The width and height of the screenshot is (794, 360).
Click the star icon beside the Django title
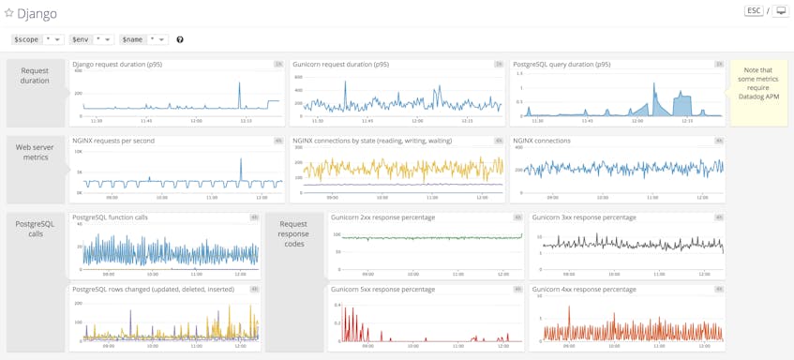click(x=9, y=13)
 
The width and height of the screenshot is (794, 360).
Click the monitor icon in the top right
click(x=780, y=11)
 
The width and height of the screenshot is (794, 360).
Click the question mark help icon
click(x=180, y=39)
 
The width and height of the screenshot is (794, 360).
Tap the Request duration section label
click(x=35, y=76)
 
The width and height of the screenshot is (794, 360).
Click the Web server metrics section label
click(x=35, y=152)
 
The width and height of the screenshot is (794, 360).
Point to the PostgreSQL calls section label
click(x=35, y=229)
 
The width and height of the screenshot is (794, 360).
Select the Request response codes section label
click(x=293, y=233)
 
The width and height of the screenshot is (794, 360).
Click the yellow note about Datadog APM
click(x=758, y=83)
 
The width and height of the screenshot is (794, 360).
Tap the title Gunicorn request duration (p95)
click(x=340, y=65)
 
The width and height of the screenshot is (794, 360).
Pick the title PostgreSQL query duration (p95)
click(x=562, y=65)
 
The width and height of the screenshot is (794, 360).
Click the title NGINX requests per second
click(x=113, y=141)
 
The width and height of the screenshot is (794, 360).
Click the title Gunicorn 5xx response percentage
click(x=382, y=290)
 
